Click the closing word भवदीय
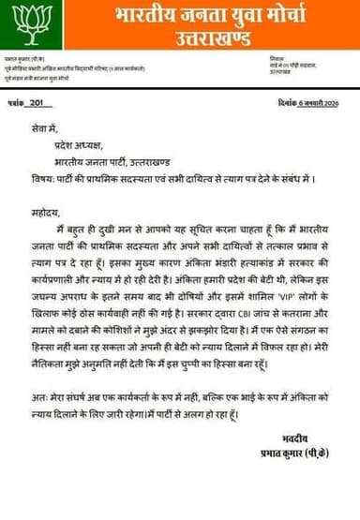click(295, 438)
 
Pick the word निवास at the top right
click(276, 58)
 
